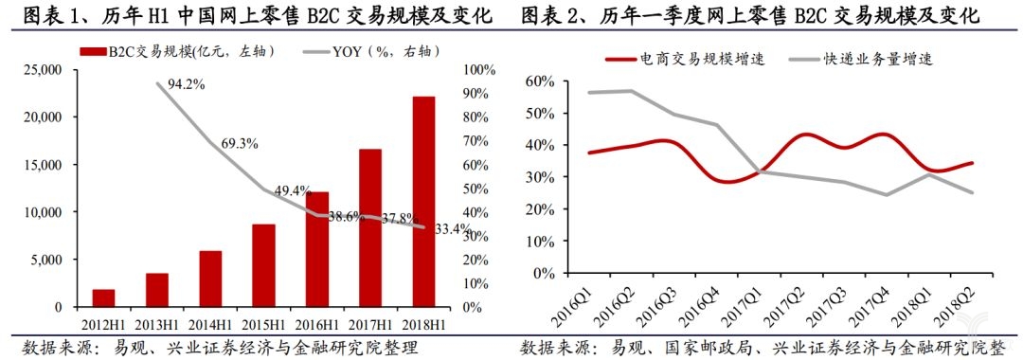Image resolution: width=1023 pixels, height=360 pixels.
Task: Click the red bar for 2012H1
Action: coord(104,298)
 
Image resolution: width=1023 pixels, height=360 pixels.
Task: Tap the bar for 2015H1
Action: coord(263,266)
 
